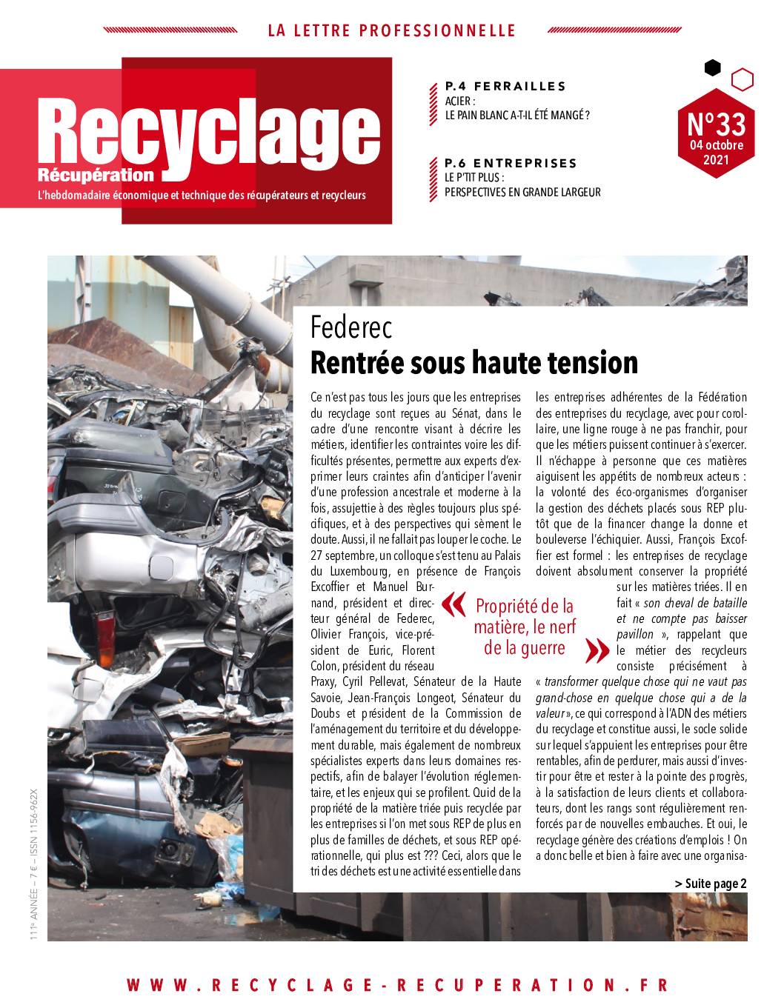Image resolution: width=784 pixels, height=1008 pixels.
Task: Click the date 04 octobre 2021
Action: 716,152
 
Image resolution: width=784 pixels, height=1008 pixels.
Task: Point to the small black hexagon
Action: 712,68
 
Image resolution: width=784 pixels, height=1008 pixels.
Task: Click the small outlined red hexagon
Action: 742,78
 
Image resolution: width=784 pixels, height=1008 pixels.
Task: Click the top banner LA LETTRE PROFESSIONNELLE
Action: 391,30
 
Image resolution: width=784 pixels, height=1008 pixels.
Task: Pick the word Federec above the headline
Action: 351,327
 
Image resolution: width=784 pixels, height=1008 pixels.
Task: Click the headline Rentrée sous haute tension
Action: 474,363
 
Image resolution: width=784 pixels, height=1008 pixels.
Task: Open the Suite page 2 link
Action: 711,883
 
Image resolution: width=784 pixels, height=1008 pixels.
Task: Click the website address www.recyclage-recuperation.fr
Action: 397,985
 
